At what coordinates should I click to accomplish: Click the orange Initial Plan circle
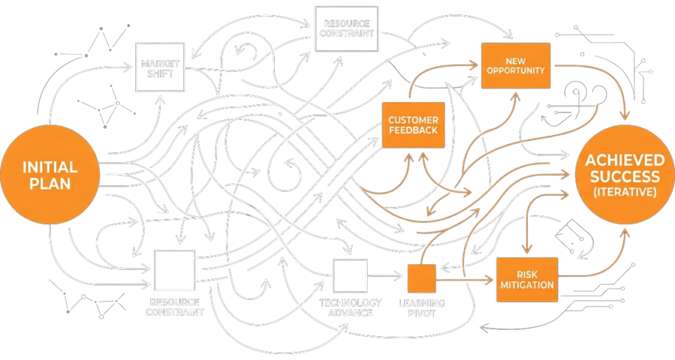[49, 174]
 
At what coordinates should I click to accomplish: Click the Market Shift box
[160, 68]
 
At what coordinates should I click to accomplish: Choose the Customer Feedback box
[413, 125]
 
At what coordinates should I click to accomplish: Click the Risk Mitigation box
[526, 280]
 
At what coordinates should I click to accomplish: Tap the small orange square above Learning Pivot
[422, 278]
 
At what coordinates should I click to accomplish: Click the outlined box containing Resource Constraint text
[347, 28]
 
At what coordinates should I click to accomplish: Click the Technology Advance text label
[350, 307]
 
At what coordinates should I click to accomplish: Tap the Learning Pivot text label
[422, 308]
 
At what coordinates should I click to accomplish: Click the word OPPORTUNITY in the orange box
[515, 71]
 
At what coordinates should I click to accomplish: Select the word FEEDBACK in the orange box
[413, 130]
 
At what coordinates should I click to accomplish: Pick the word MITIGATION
[526, 285]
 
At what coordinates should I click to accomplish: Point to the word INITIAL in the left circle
[49, 166]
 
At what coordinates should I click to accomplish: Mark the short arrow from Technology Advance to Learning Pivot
[386, 276]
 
